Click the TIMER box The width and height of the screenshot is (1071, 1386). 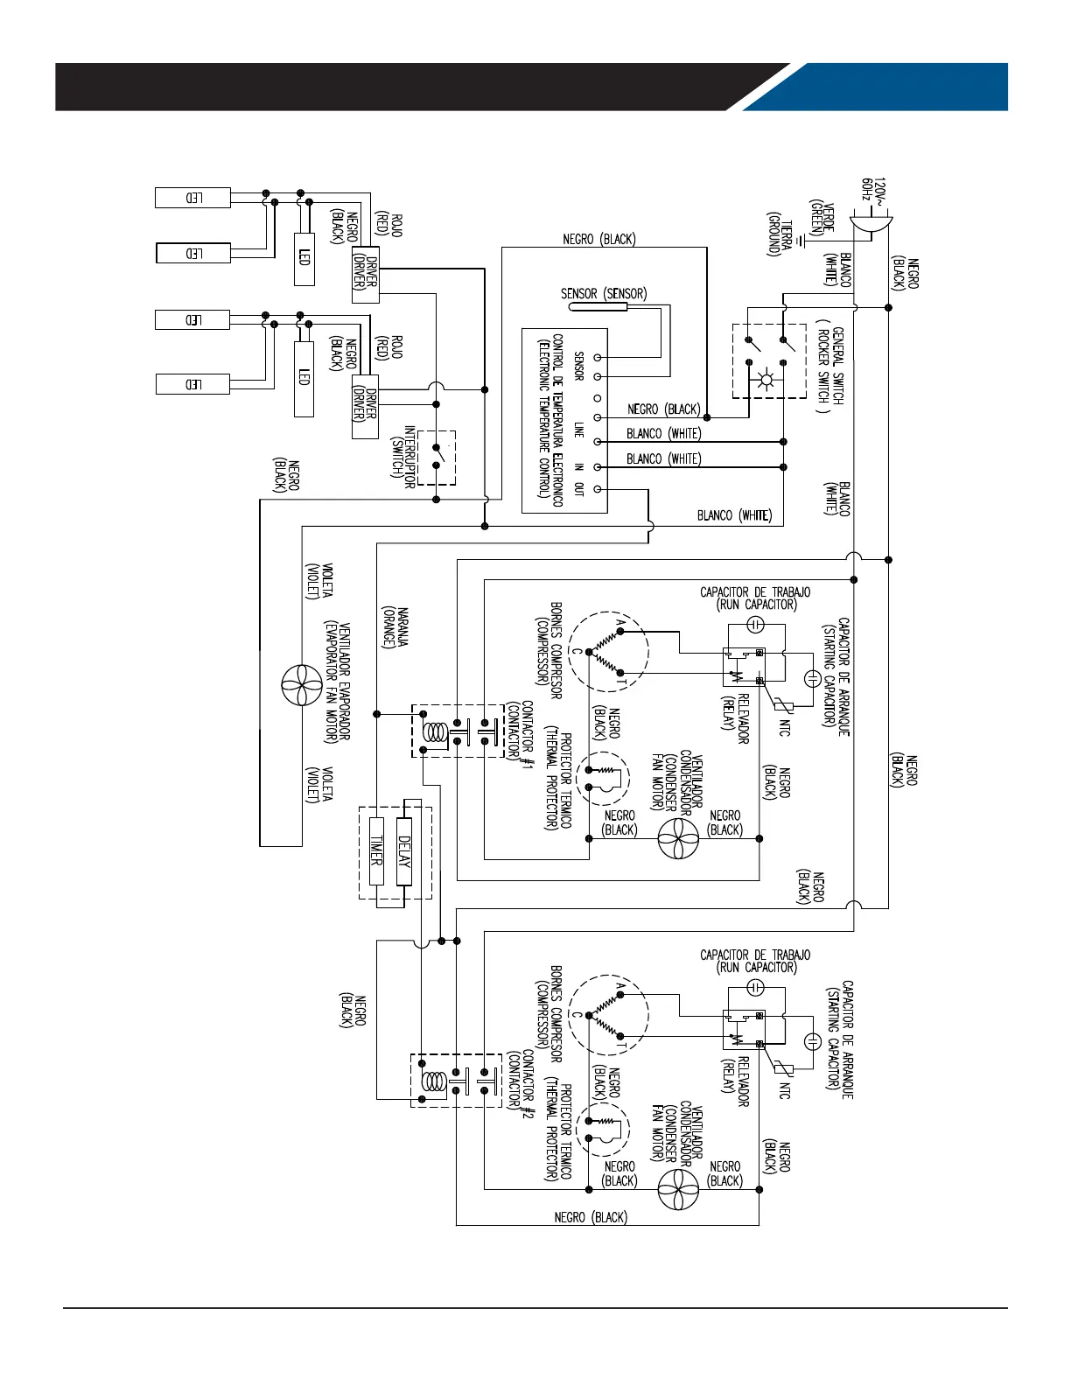[377, 850]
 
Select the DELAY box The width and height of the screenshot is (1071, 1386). [403, 850]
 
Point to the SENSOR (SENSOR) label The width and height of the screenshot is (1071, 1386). [604, 294]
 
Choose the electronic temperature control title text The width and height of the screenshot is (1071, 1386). [550, 420]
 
